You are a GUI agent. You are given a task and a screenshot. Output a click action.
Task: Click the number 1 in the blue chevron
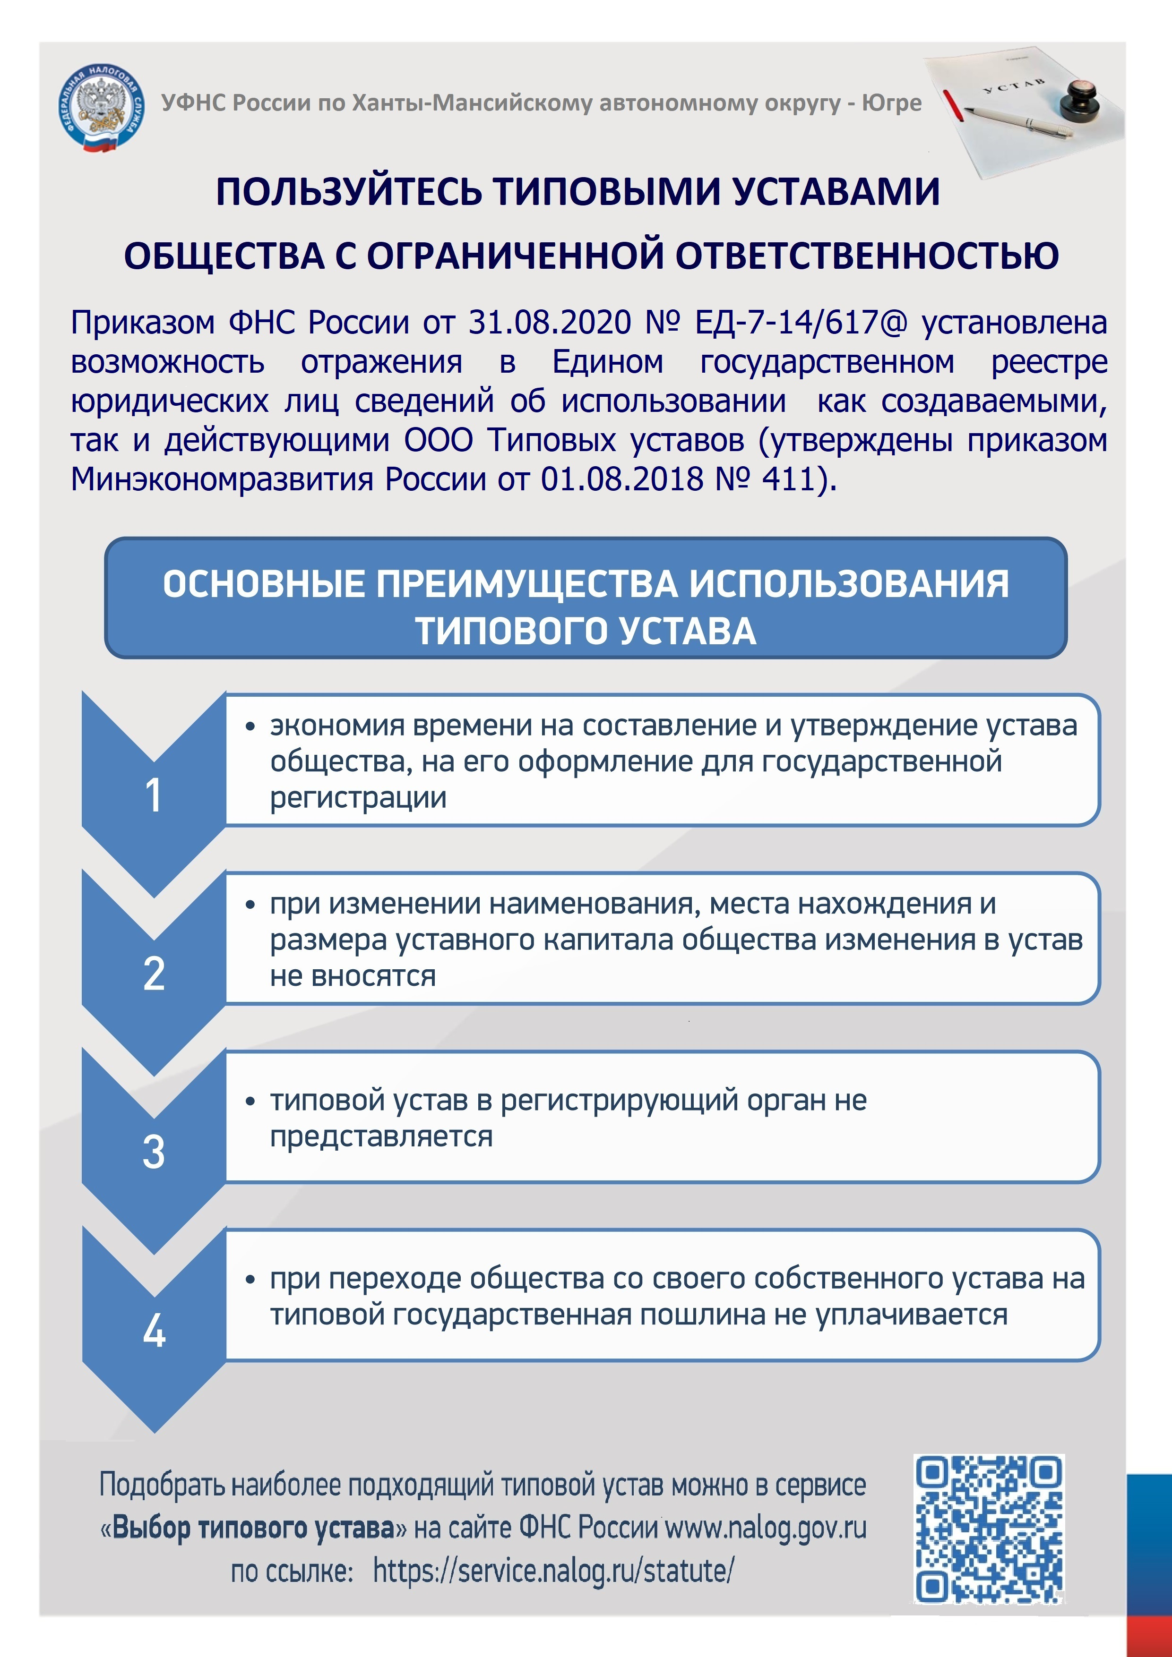click(153, 796)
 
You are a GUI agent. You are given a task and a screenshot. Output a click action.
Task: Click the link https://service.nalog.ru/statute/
click(553, 1571)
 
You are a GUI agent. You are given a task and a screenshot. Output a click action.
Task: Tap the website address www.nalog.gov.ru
click(766, 1528)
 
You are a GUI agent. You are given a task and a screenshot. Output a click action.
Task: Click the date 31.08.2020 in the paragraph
click(550, 323)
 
